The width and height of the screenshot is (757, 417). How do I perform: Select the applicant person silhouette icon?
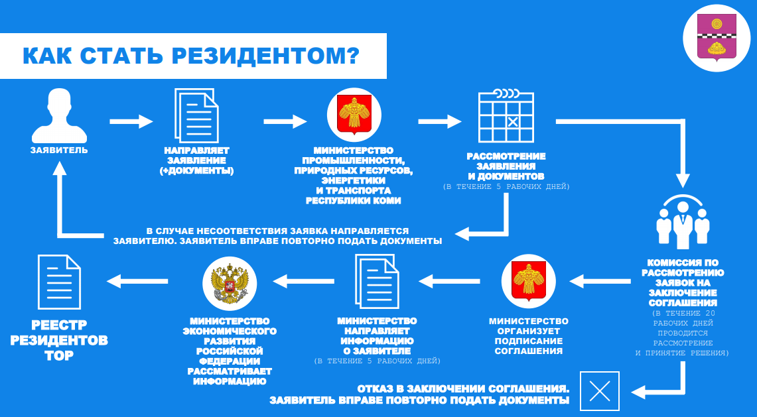click(x=59, y=115)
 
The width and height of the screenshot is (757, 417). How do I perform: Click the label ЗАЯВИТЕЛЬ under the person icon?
click(x=59, y=150)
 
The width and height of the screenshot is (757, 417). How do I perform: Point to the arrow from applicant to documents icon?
click(x=131, y=121)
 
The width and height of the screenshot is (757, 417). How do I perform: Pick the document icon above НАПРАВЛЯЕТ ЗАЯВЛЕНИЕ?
click(x=196, y=115)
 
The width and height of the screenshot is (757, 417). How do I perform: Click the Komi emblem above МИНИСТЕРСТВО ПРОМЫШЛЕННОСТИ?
click(x=354, y=115)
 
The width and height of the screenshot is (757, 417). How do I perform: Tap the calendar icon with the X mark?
click(x=506, y=115)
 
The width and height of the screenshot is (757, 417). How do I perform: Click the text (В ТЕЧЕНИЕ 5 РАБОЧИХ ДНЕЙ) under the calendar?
click(x=506, y=187)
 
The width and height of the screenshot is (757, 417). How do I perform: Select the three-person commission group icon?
click(x=683, y=222)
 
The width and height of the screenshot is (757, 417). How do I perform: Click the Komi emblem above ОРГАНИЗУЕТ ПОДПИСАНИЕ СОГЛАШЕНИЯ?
click(x=528, y=281)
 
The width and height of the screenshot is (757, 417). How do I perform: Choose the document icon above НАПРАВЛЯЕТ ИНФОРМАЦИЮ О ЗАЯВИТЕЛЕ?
click(x=377, y=281)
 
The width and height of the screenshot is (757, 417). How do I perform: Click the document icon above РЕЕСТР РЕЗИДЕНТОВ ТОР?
click(x=60, y=282)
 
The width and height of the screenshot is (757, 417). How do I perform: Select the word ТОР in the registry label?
click(x=59, y=356)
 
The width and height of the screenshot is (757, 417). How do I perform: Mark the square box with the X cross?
click(x=600, y=391)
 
